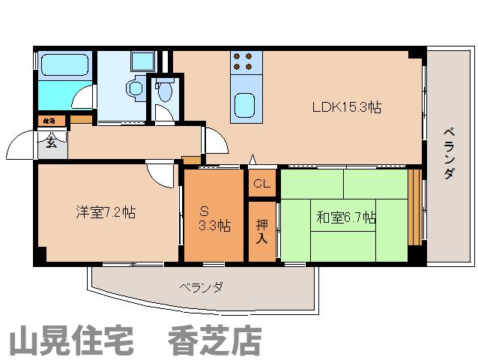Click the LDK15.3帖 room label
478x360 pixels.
[347, 107]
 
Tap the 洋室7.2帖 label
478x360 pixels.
[104, 212]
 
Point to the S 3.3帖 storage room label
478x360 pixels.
[214, 217]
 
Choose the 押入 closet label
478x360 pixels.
[261, 229]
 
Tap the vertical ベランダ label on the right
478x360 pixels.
[448, 153]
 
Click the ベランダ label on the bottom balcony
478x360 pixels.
[201, 287]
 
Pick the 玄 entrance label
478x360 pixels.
[51, 142]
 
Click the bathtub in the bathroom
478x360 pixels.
[66, 66]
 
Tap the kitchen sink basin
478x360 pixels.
[245, 104]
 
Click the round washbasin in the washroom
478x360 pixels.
[136, 88]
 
